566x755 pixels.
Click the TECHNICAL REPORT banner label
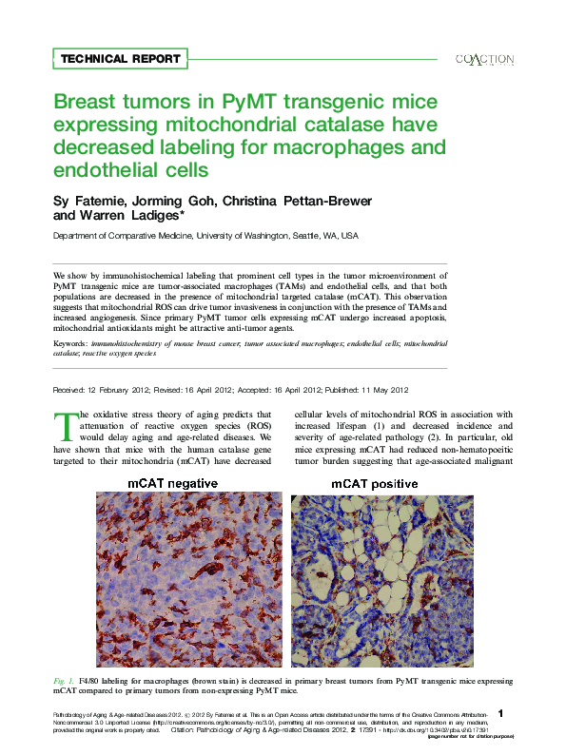[x=120, y=59]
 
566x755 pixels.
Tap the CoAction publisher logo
[x=485, y=59]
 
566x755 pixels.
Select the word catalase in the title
[x=362, y=125]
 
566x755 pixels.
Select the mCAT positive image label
[x=374, y=484]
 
